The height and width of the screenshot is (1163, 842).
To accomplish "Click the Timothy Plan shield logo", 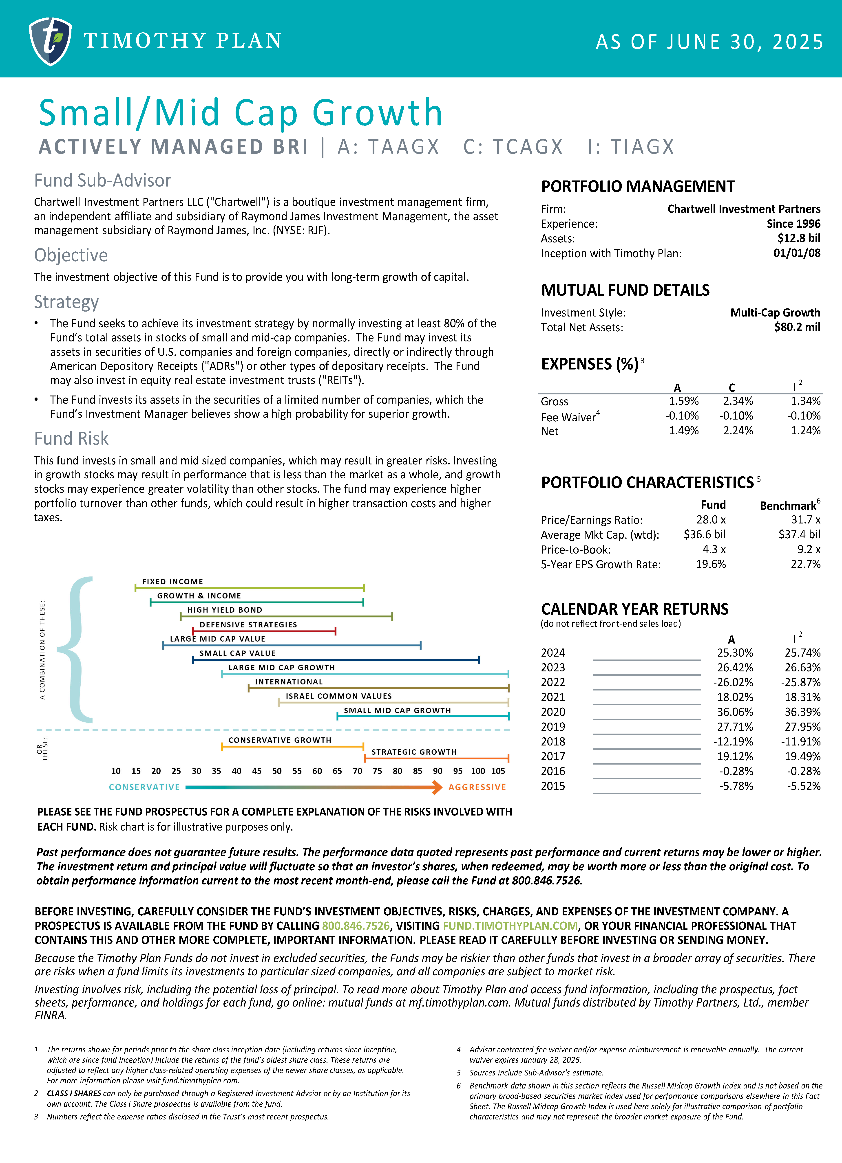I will pos(50,41).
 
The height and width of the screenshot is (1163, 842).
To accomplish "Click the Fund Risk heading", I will pos(71,439).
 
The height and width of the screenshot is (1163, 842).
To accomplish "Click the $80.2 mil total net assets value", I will pos(797,327).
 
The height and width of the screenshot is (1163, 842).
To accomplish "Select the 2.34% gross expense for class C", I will pos(738,401).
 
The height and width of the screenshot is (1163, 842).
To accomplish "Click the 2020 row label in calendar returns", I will pos(552,712).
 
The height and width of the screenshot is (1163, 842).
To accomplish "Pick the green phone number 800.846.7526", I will pos(356,926).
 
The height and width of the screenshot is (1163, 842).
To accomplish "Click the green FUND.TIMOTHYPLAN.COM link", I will pos(510,926).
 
